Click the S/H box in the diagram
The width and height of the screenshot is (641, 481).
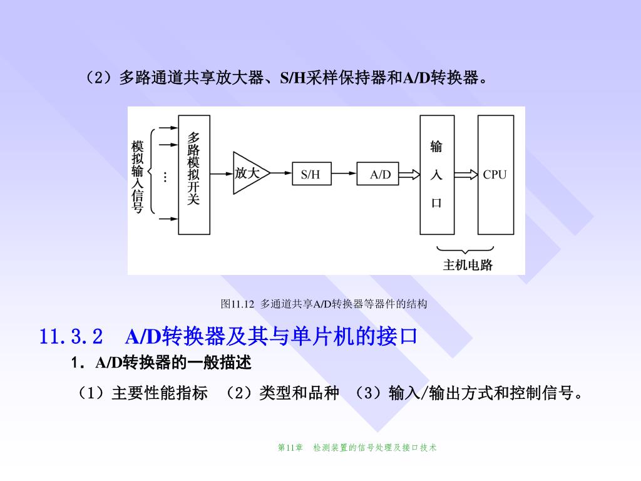(310, 175)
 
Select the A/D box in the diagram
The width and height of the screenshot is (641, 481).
(380, 175)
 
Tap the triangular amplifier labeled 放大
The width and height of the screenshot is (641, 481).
(249, 173)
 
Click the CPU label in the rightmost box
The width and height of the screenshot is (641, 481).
(495, 175)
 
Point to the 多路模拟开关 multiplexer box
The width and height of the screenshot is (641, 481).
(194, 174)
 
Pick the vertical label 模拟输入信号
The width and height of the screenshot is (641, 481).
(138, 177)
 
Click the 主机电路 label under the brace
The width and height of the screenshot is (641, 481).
(468, 265)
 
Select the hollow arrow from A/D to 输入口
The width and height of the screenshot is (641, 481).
(409, 175)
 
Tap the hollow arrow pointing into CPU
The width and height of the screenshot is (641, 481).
(466, 175)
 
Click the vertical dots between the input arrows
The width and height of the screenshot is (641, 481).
(165, 177)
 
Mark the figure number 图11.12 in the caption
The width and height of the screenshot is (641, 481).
(237, 304)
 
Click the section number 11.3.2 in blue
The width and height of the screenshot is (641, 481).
(71, 337)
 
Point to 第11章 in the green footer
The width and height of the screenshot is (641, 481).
(290, 447)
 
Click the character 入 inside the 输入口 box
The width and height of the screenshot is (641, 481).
(436, 175)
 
